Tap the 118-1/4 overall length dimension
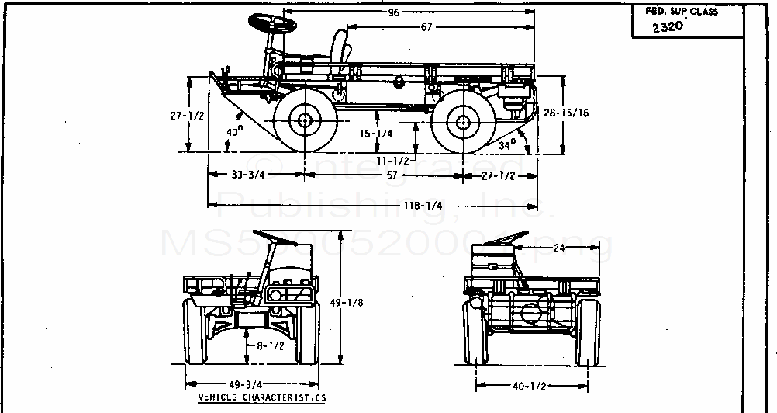tap(423, 206)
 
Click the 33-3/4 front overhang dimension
tap(250, 175)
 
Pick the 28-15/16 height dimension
tap(565, 113)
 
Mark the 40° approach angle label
tap(234, 132)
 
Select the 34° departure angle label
tap(506, 144)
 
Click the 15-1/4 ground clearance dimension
tap(376, 133)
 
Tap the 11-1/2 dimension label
tap(392, 160)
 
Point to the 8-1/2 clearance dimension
tap(268, 346)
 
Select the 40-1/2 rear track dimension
tap(527, 385)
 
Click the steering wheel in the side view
tap(273, 24)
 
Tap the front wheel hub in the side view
tap(304, 120)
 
